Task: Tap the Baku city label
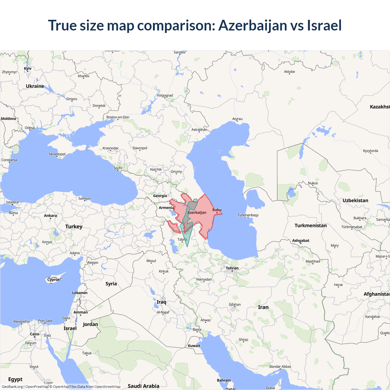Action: click(217, 210)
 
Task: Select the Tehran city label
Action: click(232, 268)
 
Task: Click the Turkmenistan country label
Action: click(310, 225)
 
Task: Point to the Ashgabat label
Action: click(301, 240)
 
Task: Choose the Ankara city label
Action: click(50, 215)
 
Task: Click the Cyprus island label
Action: click(54, 279)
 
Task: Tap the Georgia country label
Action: click(160, 196)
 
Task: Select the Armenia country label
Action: click(166, 207)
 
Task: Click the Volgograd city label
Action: click(165, 95)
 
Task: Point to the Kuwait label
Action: click(194, 346)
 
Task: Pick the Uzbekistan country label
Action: click(355, 200)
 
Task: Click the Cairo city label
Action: click(35, 334)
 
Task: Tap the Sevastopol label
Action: click(57, 154)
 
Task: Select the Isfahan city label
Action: click(235, 304)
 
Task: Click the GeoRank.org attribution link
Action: click(12, 387)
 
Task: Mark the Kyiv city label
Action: click(28, 68)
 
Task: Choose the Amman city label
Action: click(80, 312)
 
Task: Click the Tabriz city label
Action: click(182, 239)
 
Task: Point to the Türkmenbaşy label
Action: click(248, 215)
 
